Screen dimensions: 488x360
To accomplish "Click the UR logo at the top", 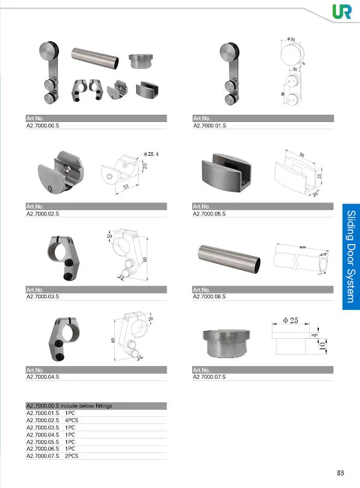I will tap(341, 11).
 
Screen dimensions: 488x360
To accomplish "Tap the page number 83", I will tap(341, 472).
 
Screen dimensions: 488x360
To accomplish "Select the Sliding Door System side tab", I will tap(351, 257).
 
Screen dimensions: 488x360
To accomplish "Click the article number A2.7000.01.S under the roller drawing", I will tap(209, 125).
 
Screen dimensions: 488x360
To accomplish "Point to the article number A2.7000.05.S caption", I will tap(209, 214).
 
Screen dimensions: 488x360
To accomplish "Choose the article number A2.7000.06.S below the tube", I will tap(209, 296).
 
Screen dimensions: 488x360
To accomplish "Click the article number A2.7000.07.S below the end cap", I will tap(209, 377).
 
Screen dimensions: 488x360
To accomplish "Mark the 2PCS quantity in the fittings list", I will tap(72, 456).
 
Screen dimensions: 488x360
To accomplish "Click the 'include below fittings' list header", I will tap(69, 406).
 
